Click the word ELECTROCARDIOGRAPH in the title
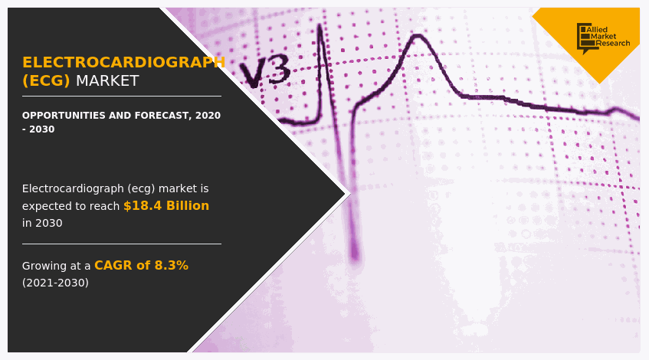[123, 62]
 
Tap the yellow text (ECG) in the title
[46, 80]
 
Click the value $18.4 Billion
[166, 205]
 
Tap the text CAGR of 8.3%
[141, 265]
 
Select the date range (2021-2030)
[55, 283]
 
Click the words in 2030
[42, 223]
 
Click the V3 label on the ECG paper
[264, 72]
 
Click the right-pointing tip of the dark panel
[344, 194]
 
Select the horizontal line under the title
[121, 97]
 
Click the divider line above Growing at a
[121, 244]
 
